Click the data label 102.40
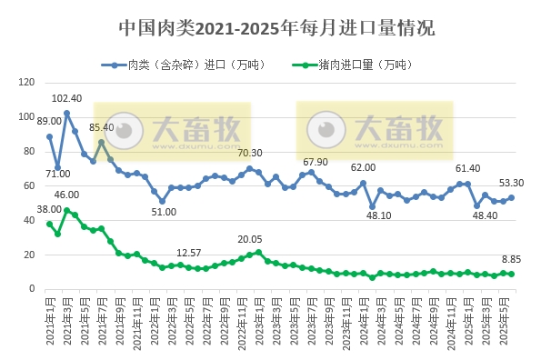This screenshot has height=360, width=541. coord(67,98)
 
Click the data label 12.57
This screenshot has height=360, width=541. coord(189,252)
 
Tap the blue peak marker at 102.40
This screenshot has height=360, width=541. coord(66,114)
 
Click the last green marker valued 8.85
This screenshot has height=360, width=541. coord(511,274)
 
